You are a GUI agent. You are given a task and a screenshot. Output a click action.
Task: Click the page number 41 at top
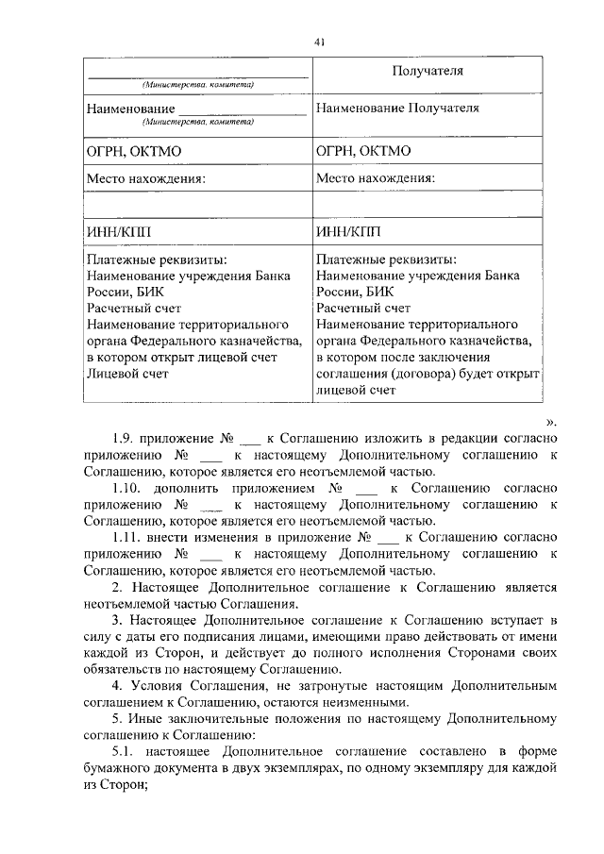point(319,40)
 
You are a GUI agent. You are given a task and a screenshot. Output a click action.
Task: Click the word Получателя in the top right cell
point(428,72)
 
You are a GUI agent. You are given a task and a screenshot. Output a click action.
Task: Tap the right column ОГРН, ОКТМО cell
point(363,151)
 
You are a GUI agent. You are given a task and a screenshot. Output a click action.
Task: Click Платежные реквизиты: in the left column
point(157,260)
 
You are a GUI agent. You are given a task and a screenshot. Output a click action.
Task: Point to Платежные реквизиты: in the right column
point(387,260)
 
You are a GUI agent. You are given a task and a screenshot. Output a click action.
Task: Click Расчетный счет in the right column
point(363,308)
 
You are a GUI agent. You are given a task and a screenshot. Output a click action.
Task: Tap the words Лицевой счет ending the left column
point(127,374)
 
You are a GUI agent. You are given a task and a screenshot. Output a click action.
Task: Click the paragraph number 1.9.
point(125,439)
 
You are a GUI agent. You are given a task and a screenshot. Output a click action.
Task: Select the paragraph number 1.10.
point(128,489)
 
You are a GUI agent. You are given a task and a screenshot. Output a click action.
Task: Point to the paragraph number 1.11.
point(127,538)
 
